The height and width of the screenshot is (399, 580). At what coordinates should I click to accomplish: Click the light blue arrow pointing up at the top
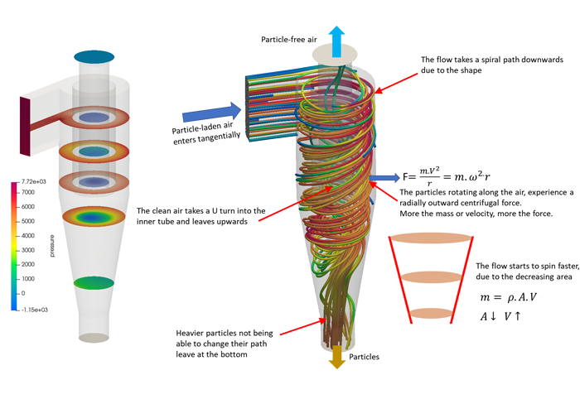(338, 39)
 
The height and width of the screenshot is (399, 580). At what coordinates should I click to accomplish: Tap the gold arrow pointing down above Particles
(337, 357)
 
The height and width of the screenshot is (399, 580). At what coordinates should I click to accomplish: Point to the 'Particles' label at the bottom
(365, 357)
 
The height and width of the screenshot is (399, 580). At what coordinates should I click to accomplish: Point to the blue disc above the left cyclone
(92, 56)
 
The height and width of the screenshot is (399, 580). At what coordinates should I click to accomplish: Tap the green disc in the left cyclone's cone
(92, 283)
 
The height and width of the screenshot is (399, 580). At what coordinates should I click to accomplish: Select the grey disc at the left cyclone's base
(93, 338)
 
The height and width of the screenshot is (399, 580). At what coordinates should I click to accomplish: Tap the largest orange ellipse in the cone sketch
(431, 237)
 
